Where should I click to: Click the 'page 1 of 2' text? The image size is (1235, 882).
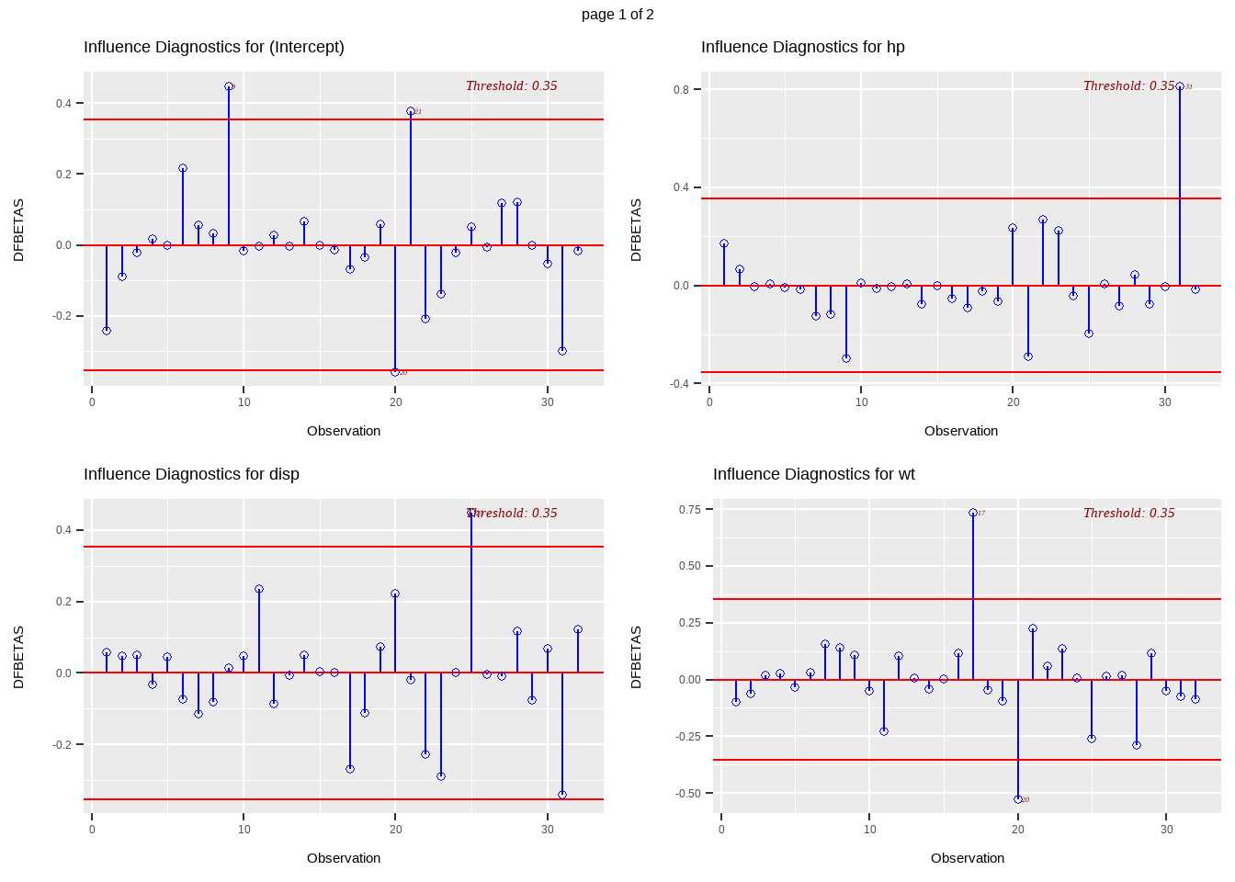click(617, 15)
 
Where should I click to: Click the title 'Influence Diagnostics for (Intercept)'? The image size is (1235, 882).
click(214, 47)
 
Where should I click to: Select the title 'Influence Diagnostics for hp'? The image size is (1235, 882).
click(802, 47)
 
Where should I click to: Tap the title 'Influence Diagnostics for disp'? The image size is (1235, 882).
click(191, 474)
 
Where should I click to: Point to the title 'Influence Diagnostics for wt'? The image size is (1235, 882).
click(813, 474)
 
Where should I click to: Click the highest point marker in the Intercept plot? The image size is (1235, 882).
click(229, 86)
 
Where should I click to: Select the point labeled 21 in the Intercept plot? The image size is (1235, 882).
click(411, 111)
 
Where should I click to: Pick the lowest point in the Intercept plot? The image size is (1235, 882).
click(395, 372)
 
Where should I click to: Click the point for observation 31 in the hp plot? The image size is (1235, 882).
click(1180, 86)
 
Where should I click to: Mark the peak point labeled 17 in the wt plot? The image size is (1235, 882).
click(973, 513)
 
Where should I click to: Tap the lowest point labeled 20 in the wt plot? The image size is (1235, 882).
click(1017, 799)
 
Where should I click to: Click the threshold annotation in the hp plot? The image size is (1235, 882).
click(1128, 85)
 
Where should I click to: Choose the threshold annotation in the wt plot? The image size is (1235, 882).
click(1128, 513)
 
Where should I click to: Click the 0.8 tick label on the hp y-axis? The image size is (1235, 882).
click(681, 89)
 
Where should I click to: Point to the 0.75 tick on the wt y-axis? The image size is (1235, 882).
click(689, 509)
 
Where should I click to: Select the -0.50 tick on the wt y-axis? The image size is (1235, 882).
click(688, 793)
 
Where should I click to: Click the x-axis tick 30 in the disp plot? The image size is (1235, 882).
click(548, 829)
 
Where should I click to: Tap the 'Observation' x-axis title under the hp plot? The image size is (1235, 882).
click(961, 431)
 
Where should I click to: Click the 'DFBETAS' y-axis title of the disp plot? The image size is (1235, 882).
click(18, 657)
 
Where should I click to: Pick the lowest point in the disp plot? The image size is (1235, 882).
click(562, 795)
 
